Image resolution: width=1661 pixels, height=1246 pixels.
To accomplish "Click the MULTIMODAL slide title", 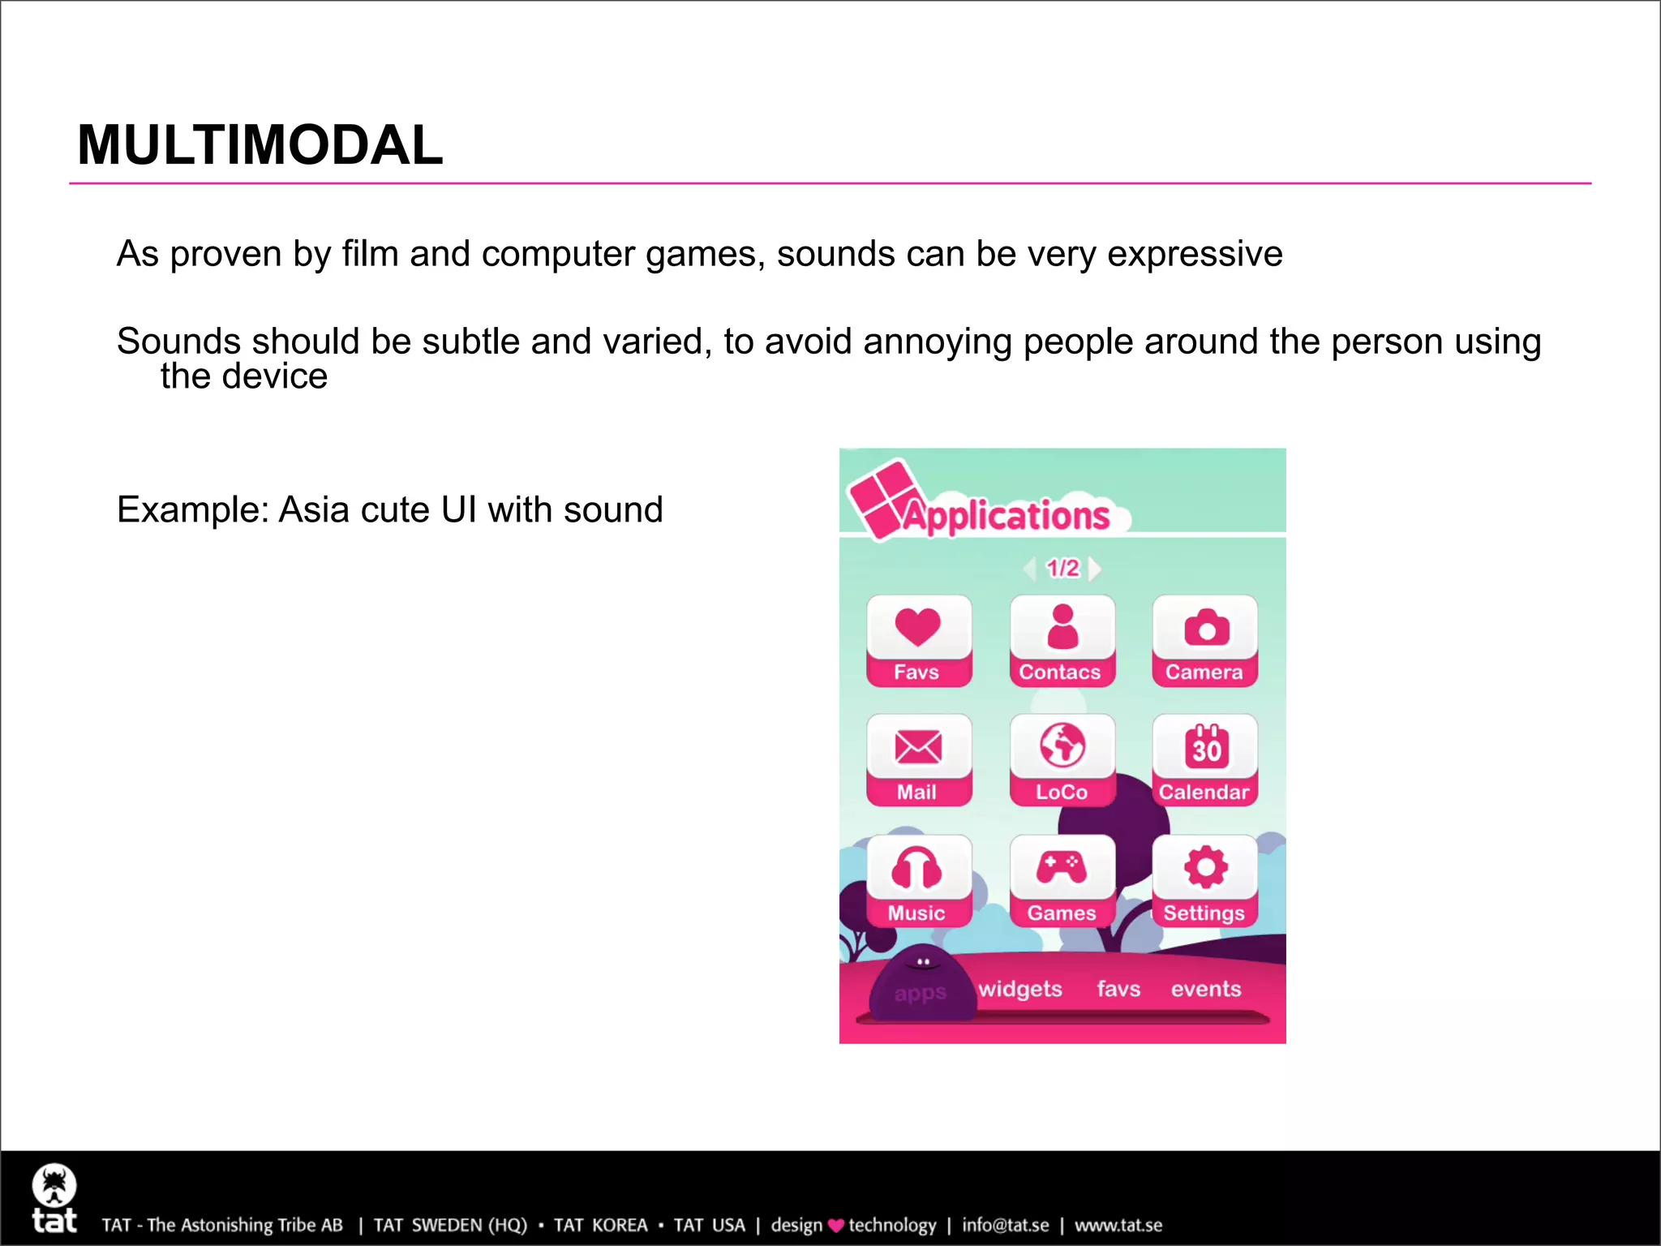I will tap(260, 145).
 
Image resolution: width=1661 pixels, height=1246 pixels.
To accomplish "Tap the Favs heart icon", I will tap(918, 629).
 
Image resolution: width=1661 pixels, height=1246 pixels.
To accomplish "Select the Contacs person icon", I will tap(1062, 629).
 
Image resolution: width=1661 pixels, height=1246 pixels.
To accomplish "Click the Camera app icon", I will tap(1206, 629).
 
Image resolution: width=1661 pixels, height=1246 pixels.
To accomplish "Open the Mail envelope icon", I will tap(918, 748).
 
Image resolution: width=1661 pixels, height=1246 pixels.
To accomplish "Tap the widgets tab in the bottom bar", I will tap(1020, 989).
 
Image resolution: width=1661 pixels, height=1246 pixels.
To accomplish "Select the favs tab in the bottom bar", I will tap(1118, 989).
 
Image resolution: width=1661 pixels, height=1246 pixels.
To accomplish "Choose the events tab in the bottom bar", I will tap(1206, 989).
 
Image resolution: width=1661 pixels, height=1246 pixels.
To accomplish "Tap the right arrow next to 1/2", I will tap(1095, 569).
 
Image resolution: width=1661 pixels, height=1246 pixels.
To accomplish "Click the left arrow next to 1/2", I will tap(1030, 569).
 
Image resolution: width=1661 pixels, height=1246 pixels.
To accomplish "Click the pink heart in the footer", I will tap(836, 1226).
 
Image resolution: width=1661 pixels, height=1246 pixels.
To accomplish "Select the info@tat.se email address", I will tap(1006, 1225).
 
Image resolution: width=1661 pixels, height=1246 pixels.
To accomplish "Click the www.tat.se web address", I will tap(1118, 1225).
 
